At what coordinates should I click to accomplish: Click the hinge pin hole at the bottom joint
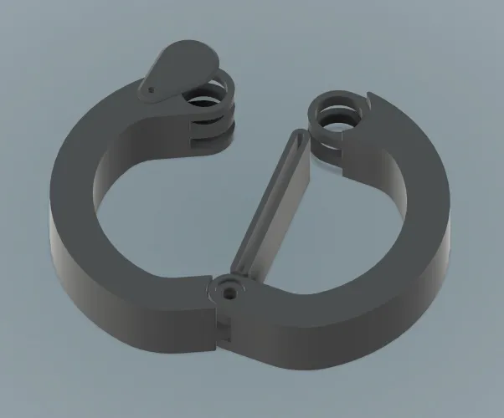230,292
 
